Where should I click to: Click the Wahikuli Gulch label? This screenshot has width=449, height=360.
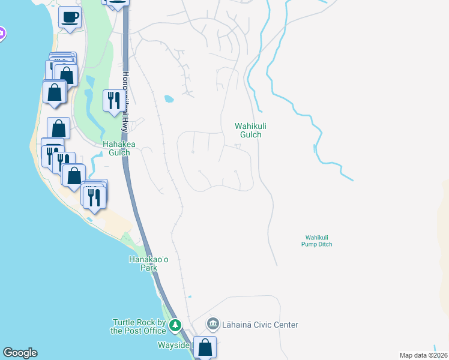pyautogui.click(x=247, y=130)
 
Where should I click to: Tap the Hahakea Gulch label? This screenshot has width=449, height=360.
pyautogui.click(x=116, y=148)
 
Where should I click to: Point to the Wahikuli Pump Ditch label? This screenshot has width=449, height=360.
pyautogui.click(x=318, y=241)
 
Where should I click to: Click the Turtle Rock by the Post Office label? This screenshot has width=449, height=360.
pyautogui.click(x=138, y=326)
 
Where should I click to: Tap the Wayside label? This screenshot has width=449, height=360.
pyautogui.click(x=173, y=346)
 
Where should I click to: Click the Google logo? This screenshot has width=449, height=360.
pyautogui.click(x=20, y=353)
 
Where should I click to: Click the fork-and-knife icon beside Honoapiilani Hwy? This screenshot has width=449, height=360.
pyautogui.click(x=112, y=100)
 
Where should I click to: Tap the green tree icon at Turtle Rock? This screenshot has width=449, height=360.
pyautogui.click(x=175, y=326)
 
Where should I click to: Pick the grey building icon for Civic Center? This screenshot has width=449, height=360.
pyautogui.click(x=213, y=325)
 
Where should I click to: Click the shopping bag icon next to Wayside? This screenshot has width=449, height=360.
pyautogui.click(x=205, y=347)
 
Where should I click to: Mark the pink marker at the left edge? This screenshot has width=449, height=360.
pyautogui.click(x=1, y=34)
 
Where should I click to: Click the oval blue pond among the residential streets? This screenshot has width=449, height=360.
pyautogui.click(x=169, y=98)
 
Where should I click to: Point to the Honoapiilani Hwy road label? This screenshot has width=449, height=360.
pyautogui.click(x=125, y=103)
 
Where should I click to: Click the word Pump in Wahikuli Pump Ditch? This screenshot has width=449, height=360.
pyautogui.click(x=318, y=244)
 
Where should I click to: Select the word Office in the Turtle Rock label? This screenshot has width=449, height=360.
pyautogui.click(x=152, y=331)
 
